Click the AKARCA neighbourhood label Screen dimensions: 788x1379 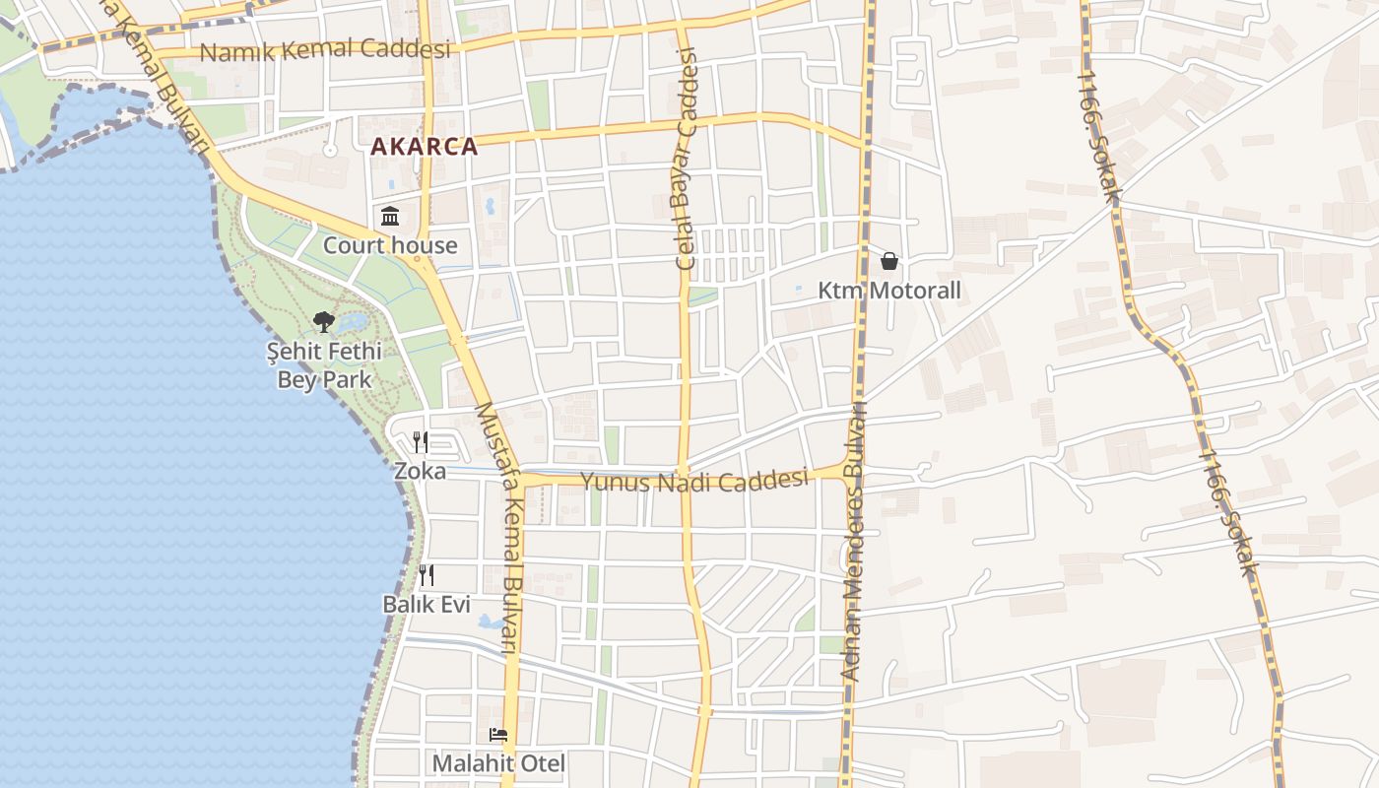click(x=424, y=147)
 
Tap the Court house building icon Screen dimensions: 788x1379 click(x=390, y=216)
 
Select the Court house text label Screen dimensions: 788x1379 click(x=390, y=245)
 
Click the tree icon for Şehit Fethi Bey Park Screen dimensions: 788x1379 click(x=323, y=321)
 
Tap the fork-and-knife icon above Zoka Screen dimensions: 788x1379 click(x=421, y=441)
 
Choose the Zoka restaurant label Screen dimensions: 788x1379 click(x=420, y=471)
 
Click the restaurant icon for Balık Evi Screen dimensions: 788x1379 click(x=427, y=575)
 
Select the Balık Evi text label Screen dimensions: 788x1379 click(x=427, y=604)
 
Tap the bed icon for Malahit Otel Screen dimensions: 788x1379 click(x=498, y=735)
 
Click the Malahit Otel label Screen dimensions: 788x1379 click(x=498, y=763)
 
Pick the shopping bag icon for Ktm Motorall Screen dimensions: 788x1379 click(x=889, y=261)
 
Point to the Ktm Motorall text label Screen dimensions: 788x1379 click(x=889, y=291)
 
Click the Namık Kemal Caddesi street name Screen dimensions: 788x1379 click(x=325, y=49)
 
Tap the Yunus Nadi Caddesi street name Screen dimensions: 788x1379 click(x=694, y=481)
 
